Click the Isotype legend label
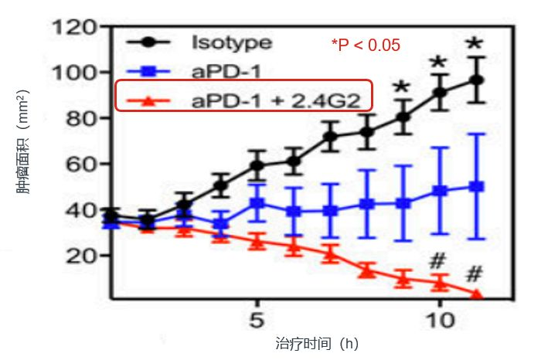point(232,43)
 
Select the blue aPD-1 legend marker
point(148,72)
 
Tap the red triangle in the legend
point(148,100)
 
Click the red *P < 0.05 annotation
point(366,45)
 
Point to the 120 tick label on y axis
point(74,27)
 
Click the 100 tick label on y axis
point(74,73)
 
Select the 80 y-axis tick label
point(81,118)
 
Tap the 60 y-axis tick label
point(81,164)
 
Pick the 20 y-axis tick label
point(81,256)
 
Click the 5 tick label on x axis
point(257,320)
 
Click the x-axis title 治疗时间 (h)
point(317,344)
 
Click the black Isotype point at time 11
point(477,80)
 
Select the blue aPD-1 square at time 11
point(477,186)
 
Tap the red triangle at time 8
point(367,272)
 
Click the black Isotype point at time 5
point(257,165)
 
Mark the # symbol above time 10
point(437,260)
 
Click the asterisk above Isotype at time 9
point(402,87)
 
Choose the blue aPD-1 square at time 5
point(257,202)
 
